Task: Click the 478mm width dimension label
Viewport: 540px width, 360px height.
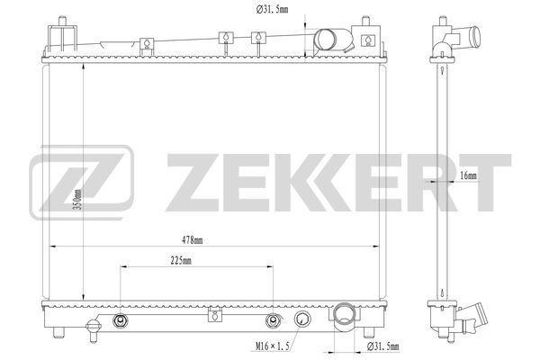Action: pos(193,240)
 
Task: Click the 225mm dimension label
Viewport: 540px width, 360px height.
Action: pos(181,261)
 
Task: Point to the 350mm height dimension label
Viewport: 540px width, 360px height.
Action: pos(78,200)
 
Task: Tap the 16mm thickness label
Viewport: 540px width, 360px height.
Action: pos(468,175)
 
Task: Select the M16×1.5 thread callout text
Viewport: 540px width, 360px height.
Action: pos(272,346)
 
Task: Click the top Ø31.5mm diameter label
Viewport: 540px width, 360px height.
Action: pos(272,9)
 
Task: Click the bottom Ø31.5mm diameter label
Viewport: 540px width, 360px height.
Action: pos(383,346)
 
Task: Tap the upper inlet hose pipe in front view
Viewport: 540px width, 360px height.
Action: pos(333,40)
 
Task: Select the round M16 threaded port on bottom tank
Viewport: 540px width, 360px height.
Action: pos(302,319)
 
